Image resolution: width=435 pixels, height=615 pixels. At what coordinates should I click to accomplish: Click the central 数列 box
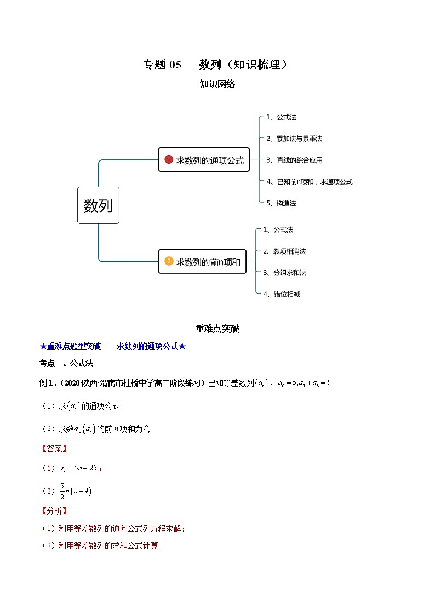[98, 205]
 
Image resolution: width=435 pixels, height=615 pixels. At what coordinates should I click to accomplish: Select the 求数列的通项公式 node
[204, 160]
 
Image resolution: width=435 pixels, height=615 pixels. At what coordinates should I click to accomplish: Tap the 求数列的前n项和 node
[202, 262]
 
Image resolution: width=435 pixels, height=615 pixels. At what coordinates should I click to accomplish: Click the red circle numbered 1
[169, 160]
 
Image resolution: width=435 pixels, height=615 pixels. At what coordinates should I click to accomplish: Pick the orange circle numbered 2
[169, 262]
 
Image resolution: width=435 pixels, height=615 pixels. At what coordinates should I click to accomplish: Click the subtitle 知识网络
[217, 84]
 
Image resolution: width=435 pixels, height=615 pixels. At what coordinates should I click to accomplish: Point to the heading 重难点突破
[217, 329]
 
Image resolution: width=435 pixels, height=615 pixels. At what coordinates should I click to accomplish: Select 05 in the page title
[175, 65]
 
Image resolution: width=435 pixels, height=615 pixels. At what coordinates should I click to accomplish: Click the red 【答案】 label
[54, 449]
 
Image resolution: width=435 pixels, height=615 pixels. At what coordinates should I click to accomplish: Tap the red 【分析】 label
[54, 511]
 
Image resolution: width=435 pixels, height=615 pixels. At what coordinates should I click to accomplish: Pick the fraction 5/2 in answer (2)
[62, 491]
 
